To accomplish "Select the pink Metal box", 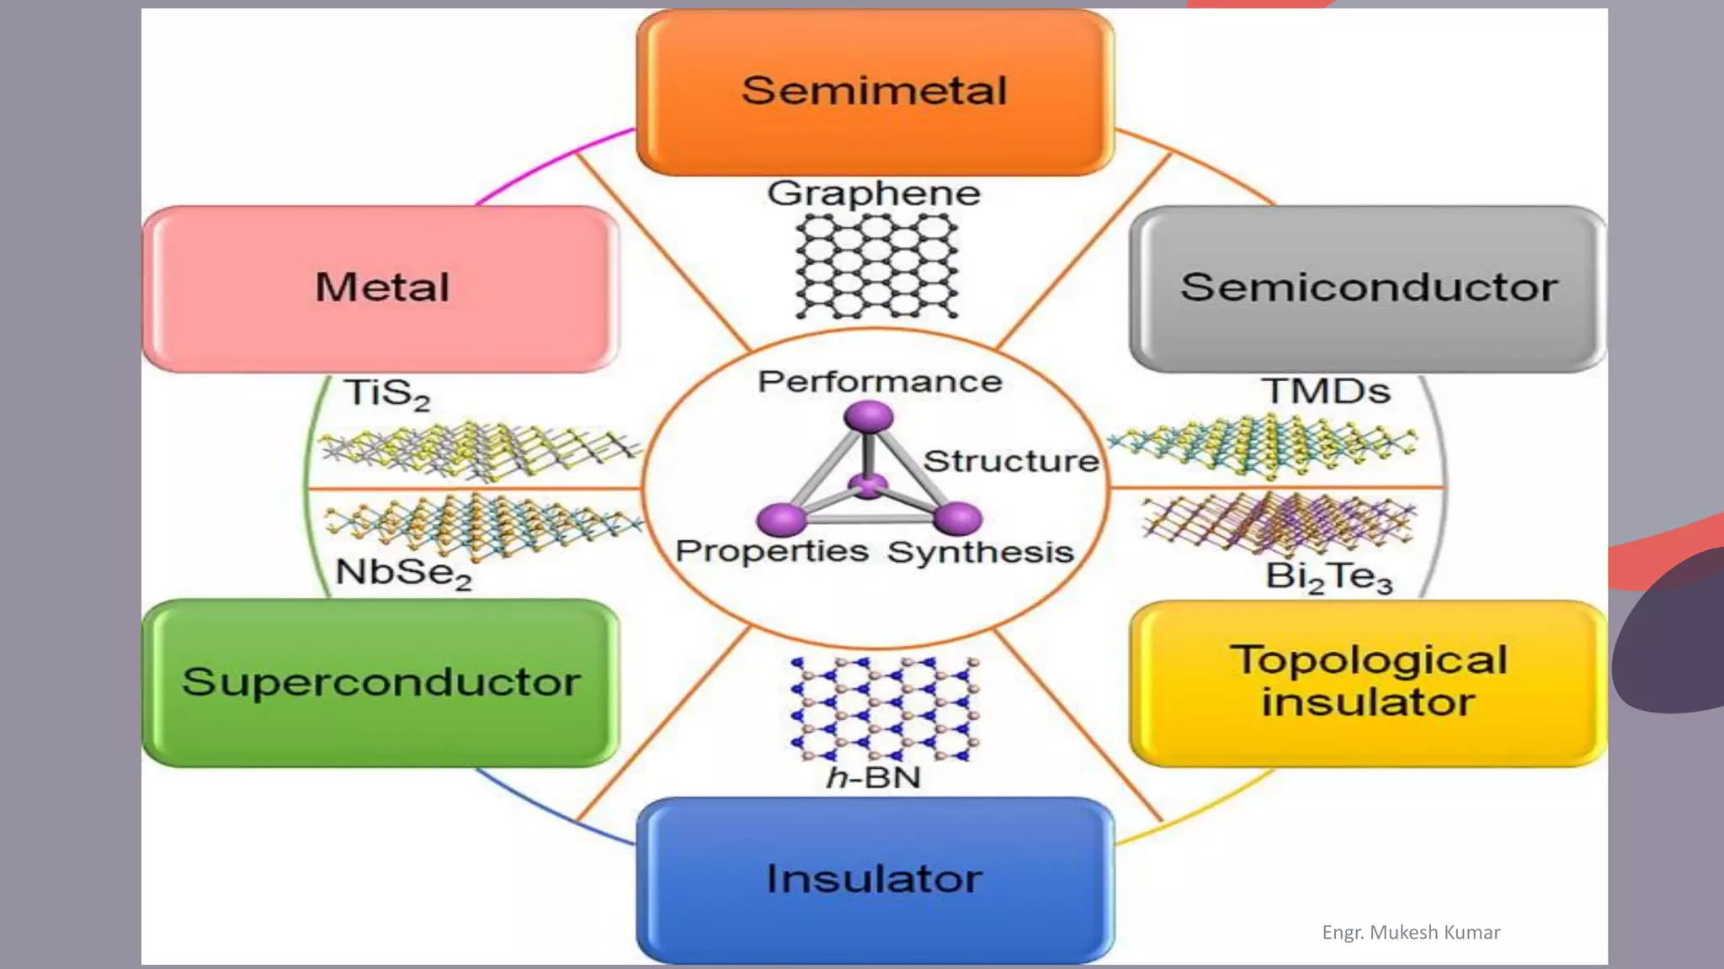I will (x=381, y=288).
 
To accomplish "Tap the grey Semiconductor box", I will (x=1368, y=288).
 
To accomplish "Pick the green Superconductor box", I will (x=381, y=682).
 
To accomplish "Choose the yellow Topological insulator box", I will (x=1368, y=682).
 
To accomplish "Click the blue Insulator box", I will (x=875, y=879).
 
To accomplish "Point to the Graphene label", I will (x=874, y=193).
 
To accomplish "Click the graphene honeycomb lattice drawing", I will (x=876, y=266).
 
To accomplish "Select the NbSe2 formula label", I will (x=403, y=574).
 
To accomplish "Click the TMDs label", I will (x=1325, y=392).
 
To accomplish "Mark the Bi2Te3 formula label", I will (x=1329, y=577).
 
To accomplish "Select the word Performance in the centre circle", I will (x=880, y=382).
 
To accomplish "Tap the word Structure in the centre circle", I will (x=1011, y=461).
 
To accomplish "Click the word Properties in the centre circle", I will (x=772, y=551).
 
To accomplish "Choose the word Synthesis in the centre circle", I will (x=981, y=553).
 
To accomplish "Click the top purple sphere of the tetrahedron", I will (x=868, y=416).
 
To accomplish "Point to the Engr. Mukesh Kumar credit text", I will (x=1411, y=932).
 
